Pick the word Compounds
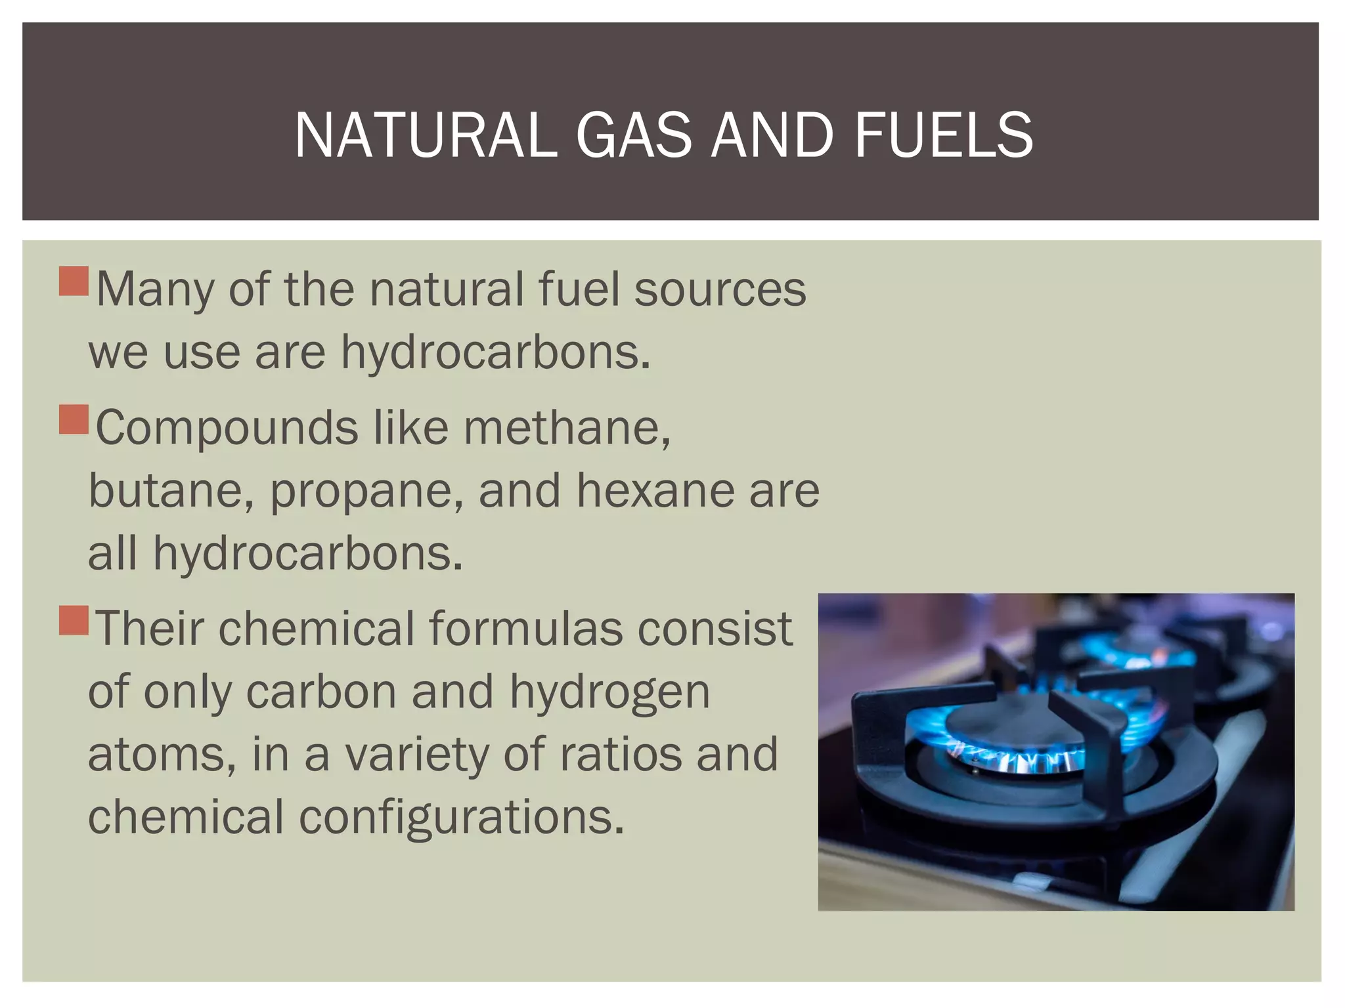[227, 428]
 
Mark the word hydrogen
[609, 693]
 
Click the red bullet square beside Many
[74, 282]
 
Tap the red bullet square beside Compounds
[74, 419]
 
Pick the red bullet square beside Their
[74, 620]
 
